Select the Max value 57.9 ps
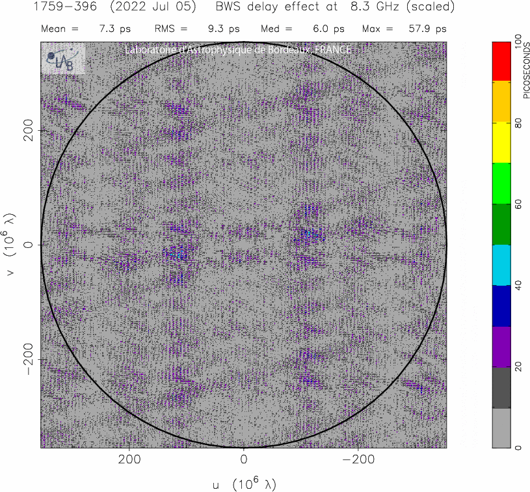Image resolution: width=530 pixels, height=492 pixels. coord(432,29)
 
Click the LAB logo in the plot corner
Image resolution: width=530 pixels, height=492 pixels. coord(63,59)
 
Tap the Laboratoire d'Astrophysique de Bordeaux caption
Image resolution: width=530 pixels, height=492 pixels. coord(237,50)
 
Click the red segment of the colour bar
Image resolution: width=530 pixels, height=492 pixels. coord(501,62)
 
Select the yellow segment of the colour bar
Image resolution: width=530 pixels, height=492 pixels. coord(501,143)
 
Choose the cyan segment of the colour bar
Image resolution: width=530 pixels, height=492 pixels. coord(501,265)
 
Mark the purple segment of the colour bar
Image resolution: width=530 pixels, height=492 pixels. coord(501,347)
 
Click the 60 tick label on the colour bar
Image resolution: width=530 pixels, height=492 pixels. coord(518,204)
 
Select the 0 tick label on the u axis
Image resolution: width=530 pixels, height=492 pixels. coord(243,459)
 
